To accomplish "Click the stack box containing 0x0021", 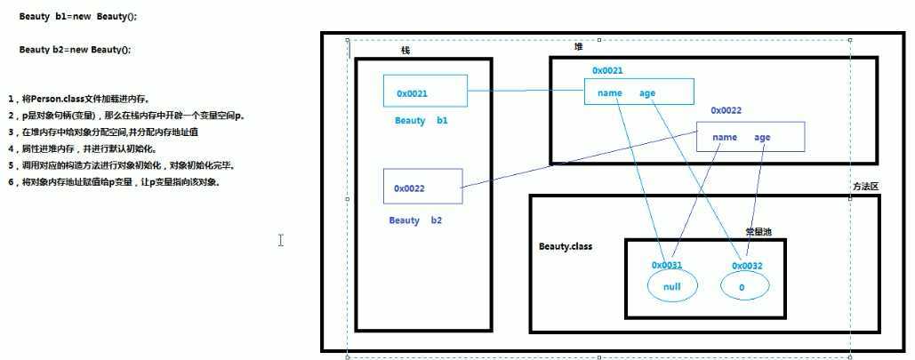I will pyautogui.click(x=425, y=92).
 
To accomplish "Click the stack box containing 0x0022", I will pyautogui.click(x=423, y=187).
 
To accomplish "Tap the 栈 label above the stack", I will pyautogui.click(x=405, y=51).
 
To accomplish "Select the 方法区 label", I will pyautogui.click(x=865, y=187).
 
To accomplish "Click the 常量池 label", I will pyautogui.click(x=758, y=231).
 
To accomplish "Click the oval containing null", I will pyautogui.click(x=672, y=286).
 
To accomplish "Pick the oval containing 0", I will pyautogui.click(x=744, y=287).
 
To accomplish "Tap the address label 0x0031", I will pyautogui.click(x=666, y=265).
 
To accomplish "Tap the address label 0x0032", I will pyautogui.click(x=747, y=266).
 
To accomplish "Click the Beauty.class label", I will pyautogui.click(x=566, y=246).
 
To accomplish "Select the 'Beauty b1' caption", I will pyautogui.click(x=421, y=120).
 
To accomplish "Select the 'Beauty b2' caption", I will pyautogui.click(x=414, y=220).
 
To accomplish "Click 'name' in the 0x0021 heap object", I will pyautogui.click(x=610, y=92).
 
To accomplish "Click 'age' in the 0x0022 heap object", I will pyautogui.click(x=762, y=137).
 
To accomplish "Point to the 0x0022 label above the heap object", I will pyautogui.click(x=726, y=110).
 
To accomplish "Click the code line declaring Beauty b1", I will pyautogui.click(x=78, y=17).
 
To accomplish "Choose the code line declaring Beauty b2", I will pyautogui.click(x=75, y=50).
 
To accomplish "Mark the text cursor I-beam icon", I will pyautogui.click(x=280, y=240).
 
